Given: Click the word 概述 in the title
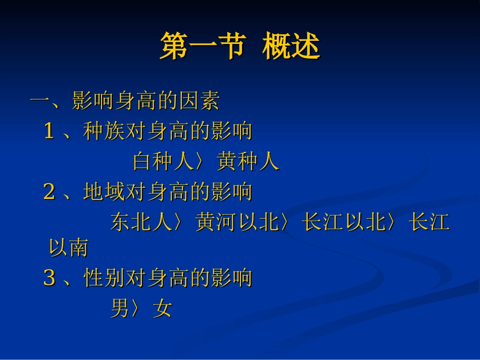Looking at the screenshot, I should pos(291,47).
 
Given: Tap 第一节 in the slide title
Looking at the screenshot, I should pos(202,47).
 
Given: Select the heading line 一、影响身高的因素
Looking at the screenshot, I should pos(125,101).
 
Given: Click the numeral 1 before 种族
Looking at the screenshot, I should pos(49,132).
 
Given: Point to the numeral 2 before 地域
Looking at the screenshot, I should pos(49,192).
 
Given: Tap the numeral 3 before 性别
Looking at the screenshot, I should pos(49,278).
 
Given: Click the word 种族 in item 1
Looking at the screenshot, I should pos(104,132).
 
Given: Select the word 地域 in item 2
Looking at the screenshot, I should pos(104,192).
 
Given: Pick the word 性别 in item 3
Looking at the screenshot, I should pos(104,278).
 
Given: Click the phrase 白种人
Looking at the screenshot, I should pos(164,162).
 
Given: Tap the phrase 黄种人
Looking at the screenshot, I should pos(248,162).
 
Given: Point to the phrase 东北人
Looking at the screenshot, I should pos(142,222).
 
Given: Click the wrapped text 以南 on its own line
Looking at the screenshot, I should pos(69,248).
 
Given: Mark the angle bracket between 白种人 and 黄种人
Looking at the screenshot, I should pos(204,162).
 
